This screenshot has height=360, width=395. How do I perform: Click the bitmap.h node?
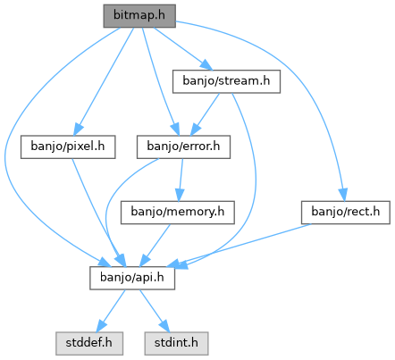point(139,16)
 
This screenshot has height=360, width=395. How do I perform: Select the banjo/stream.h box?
point(226,81)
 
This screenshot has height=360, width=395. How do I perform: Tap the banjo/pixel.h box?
point(68,147)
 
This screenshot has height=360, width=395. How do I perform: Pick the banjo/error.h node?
point(183,147)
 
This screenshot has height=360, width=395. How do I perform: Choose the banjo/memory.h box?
point(178,213)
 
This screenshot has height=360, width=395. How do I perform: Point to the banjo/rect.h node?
point(346,213)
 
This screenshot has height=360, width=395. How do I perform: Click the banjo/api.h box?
point(132,278)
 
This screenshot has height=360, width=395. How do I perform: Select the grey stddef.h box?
point(89,344)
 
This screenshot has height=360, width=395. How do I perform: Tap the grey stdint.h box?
point(176,344)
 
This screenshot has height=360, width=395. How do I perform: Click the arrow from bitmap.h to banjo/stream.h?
point(183,49)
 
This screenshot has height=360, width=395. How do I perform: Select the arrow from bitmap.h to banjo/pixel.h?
point(105,81)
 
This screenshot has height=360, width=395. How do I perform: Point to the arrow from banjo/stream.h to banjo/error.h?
point(206,114)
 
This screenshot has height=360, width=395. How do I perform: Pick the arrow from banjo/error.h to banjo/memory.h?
point(181,180)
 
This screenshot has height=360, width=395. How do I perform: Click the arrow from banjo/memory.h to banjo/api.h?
point(155,245)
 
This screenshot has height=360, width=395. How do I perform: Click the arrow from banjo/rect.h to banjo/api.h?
point(240,245)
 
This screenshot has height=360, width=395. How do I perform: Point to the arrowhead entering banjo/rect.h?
point(343,195)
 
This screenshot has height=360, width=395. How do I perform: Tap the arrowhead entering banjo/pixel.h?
point(78,130)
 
